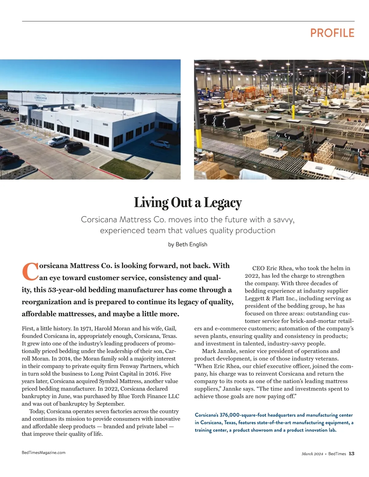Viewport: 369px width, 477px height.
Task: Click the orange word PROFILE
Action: pos(332,33)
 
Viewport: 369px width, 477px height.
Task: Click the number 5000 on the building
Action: pos(105,124)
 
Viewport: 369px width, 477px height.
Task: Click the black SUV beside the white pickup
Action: pos(73,147)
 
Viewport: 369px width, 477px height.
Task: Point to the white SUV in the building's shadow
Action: pos(160,144)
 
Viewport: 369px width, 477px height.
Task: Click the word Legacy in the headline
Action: pos(223,203)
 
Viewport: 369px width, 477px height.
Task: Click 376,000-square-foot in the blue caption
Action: pos(243,415)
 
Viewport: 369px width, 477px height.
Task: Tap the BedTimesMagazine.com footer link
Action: pos(44,452)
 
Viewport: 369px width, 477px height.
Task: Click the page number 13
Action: pos(351,454)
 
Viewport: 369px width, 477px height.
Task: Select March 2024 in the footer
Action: pos(312,454)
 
